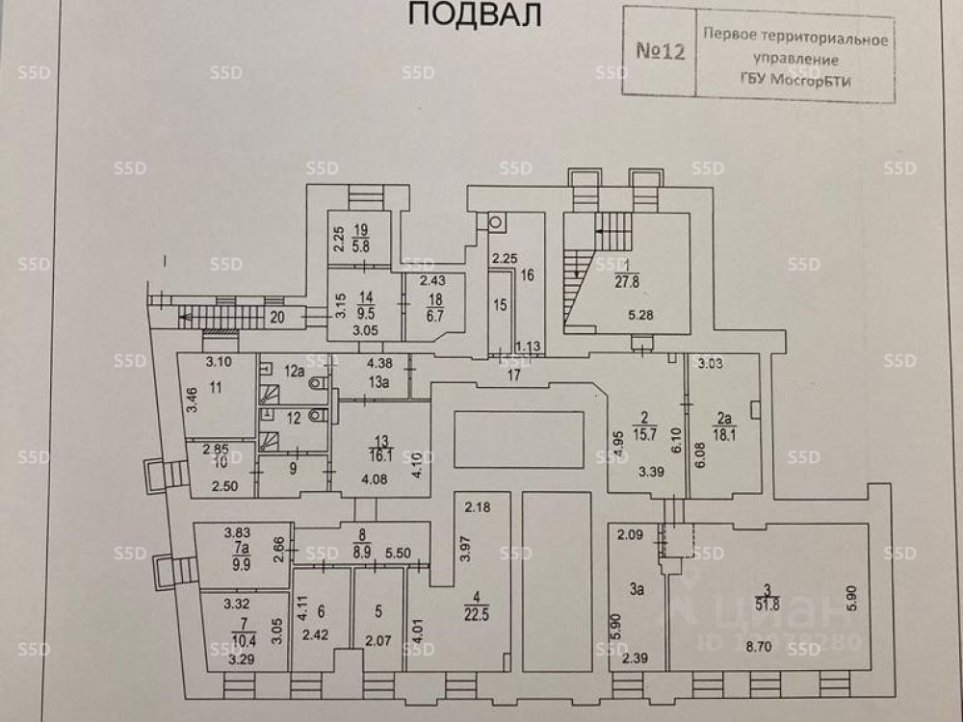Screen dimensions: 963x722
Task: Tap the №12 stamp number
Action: (661, 51)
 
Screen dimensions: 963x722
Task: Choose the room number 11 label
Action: (215, 388)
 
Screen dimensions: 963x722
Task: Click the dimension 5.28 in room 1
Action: (640, 314)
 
